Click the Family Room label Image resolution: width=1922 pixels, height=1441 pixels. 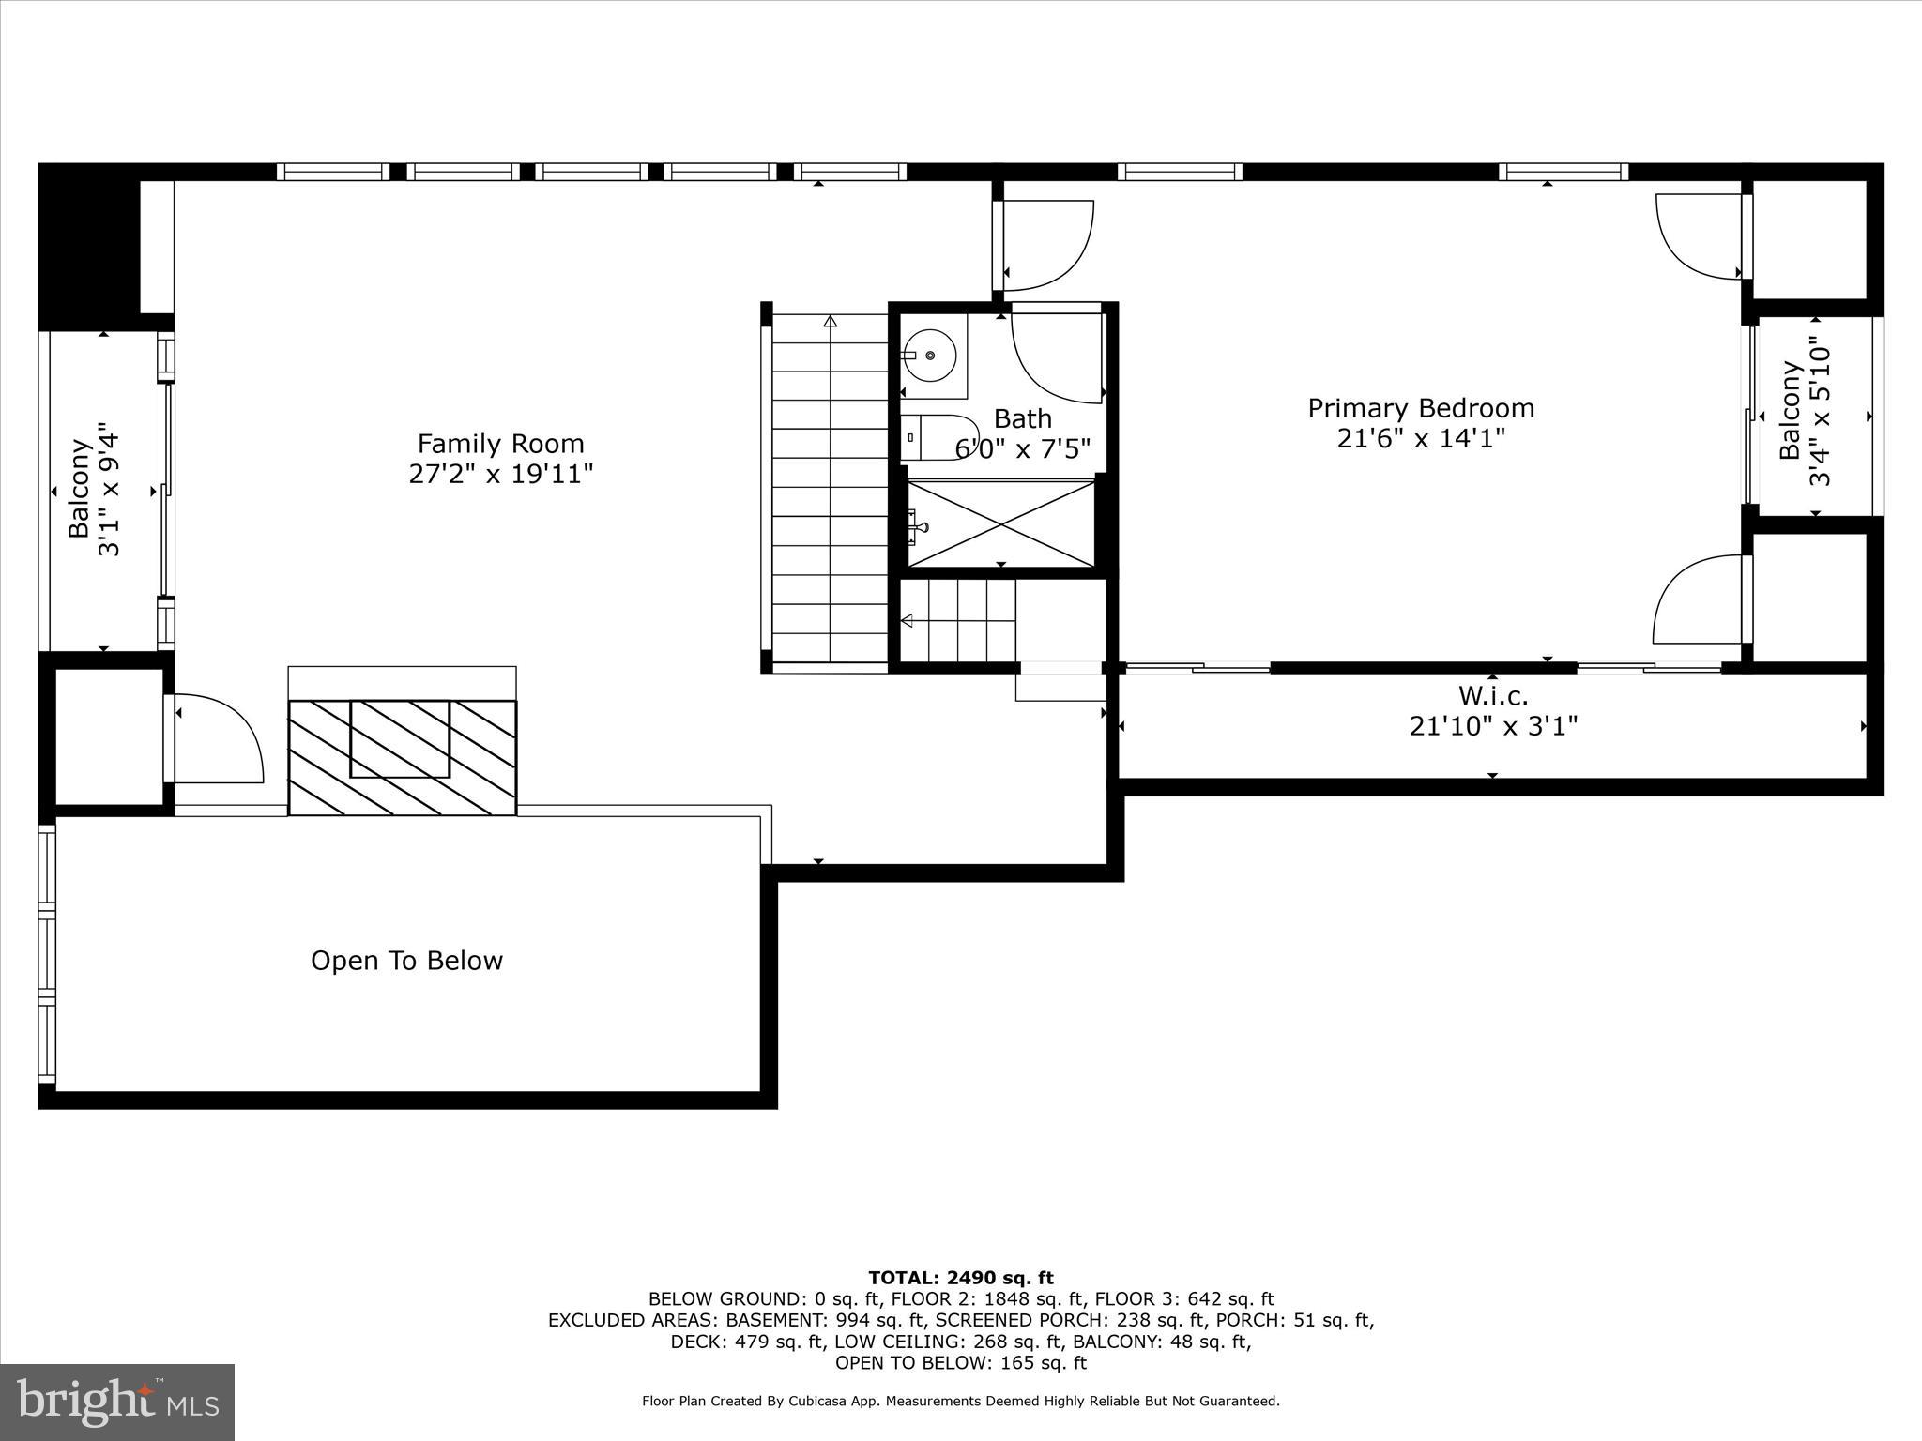(x=500, y=444)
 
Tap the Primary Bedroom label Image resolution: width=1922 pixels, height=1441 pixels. (x=1421, y=408)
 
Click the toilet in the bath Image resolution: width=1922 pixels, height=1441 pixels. (x=938, y=437)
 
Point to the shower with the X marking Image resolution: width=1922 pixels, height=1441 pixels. (x=1001, y=523)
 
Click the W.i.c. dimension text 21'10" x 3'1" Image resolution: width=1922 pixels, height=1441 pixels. (x=1492, y=726)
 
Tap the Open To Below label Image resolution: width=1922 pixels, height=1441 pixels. (x=406, y=961)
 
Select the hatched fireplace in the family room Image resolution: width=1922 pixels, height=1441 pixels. (x=402, y=757)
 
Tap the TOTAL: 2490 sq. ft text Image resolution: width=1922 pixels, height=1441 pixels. (x=960, y=1278)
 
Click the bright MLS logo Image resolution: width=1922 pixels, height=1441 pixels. (x=117, y=1402)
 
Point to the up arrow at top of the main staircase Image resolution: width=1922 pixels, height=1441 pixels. (x=830, y=322)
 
